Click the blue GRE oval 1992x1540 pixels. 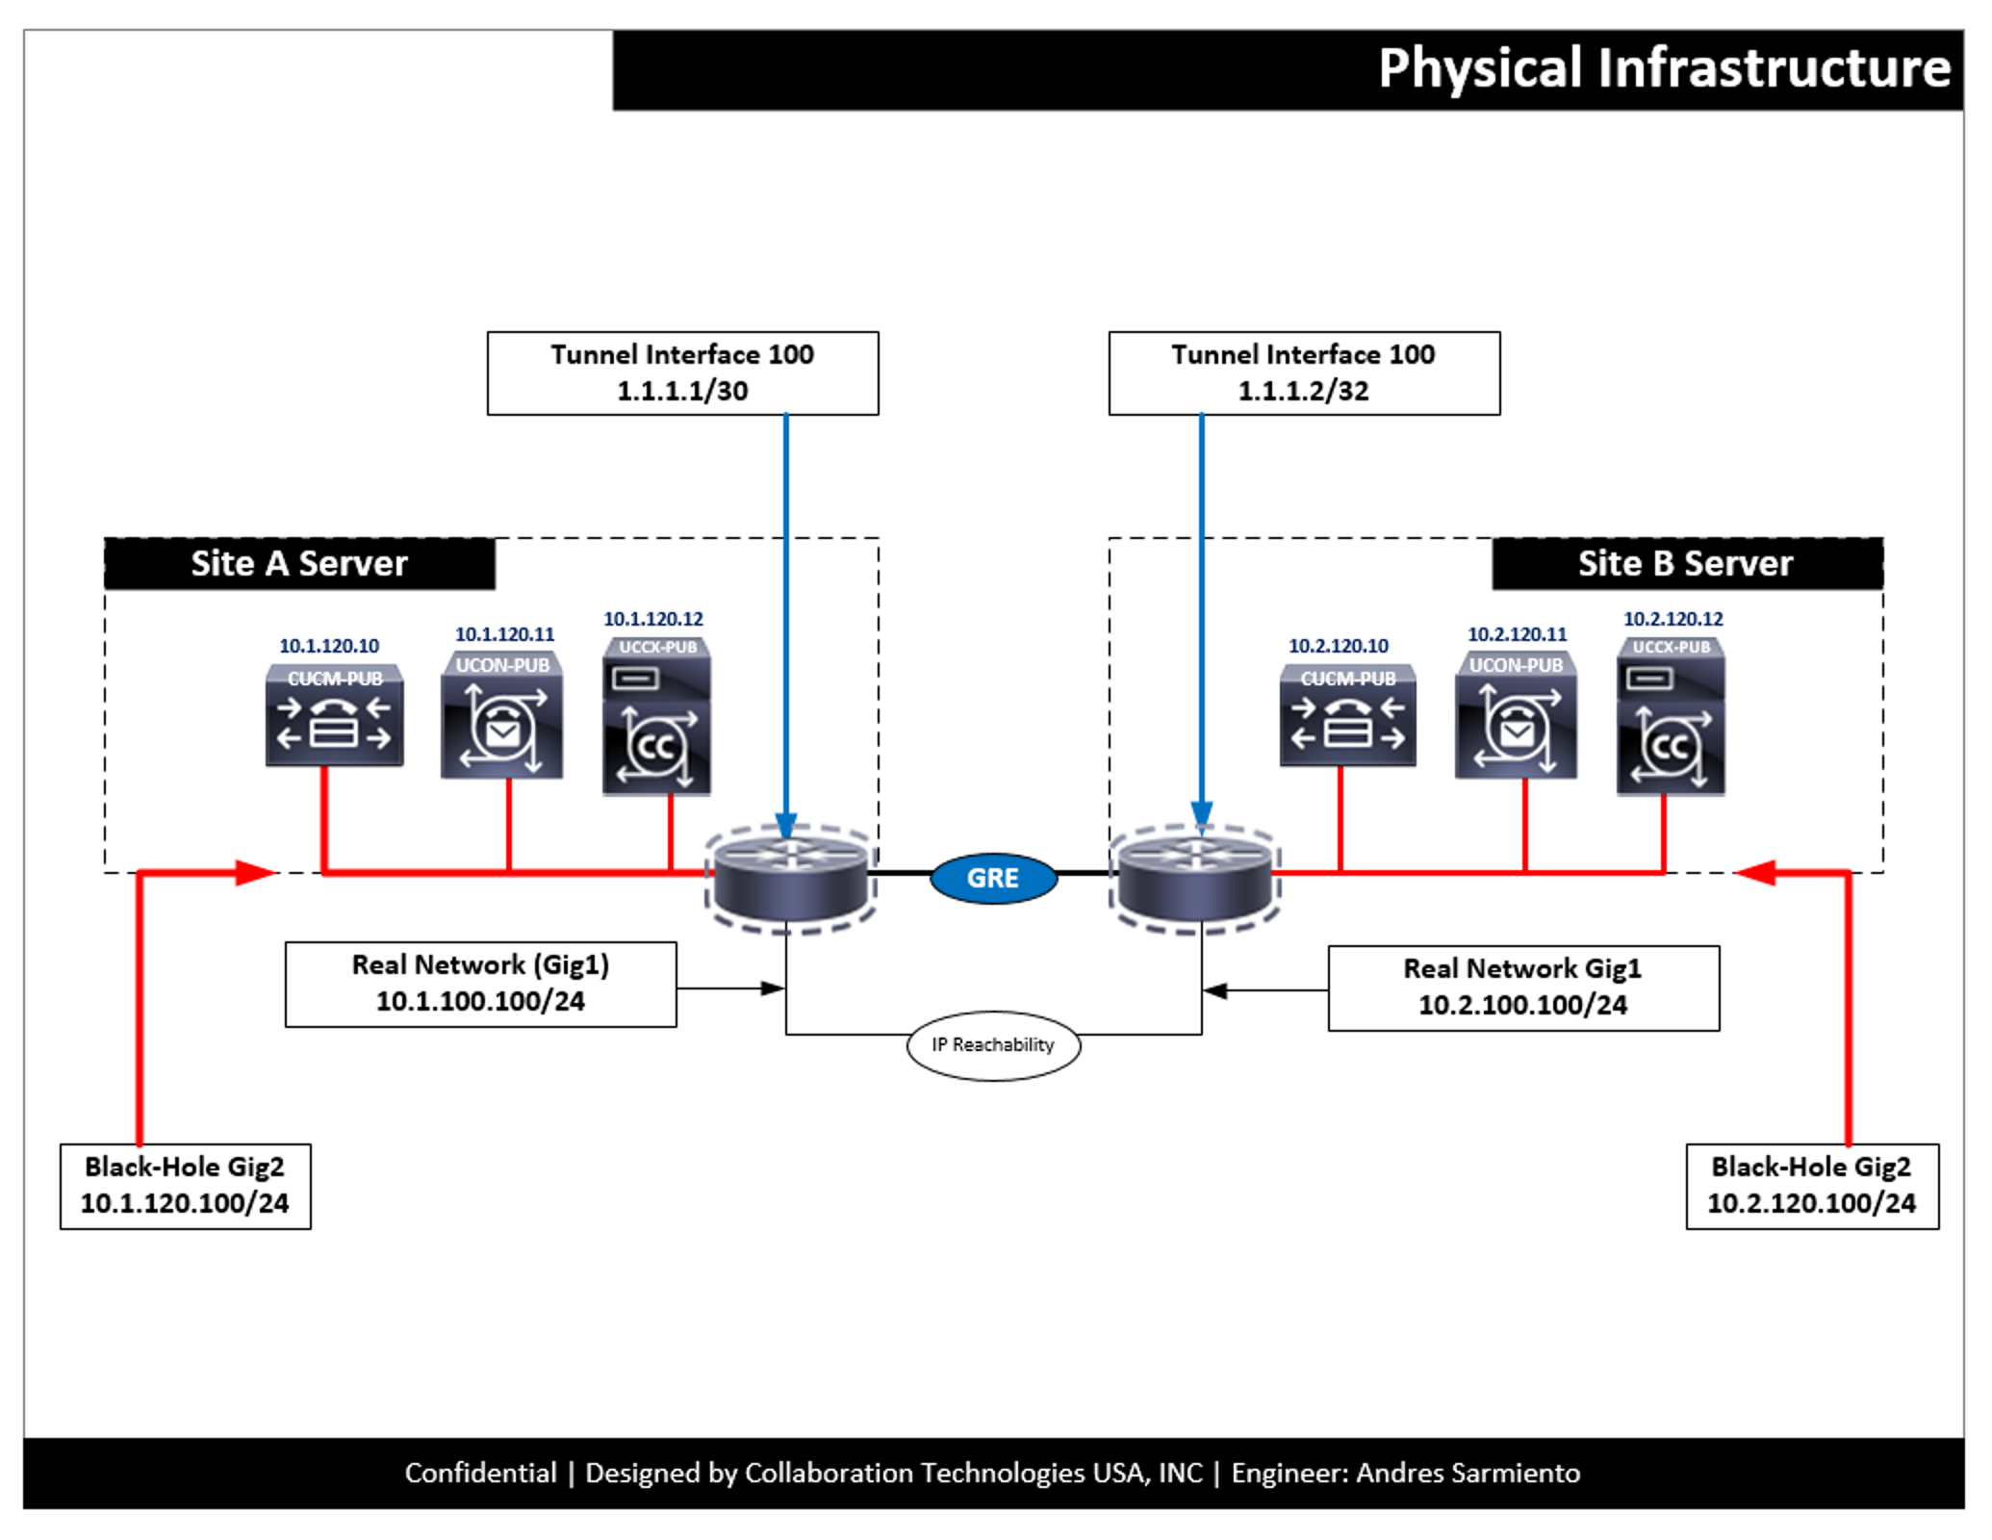(x=993, y=878)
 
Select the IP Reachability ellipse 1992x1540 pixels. (x=993, y=1044)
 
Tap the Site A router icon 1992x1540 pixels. (x=789, y=878)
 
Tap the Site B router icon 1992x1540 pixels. (x=1195, y=878)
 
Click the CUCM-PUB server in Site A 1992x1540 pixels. (x=334, y=717)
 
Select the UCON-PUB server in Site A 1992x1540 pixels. (x=501, y=717)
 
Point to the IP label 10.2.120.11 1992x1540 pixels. (x=1517, y=634)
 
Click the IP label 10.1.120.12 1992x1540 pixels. (x=653, y=619)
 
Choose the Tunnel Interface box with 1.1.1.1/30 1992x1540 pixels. (x=682, y=373)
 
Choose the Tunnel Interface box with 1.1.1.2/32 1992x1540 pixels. (x=1303, y=373)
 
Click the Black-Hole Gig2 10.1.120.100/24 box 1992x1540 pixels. (x=185, y=1186)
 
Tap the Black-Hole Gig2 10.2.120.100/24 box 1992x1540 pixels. (x=1811, y=1186)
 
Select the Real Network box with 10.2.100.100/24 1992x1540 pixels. (x=1522, y=988)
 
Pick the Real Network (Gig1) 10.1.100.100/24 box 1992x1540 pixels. (x=480, y=984)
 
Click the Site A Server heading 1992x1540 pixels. (x=299, y=564)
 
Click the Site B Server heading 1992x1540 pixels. (x=1685, y=564)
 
